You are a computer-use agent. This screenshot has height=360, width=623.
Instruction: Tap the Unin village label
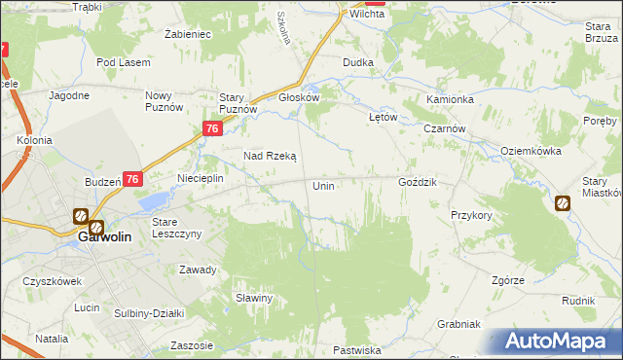323,185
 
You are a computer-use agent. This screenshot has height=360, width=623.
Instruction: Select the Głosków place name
299,97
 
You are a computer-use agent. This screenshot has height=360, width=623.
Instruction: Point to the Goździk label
419,183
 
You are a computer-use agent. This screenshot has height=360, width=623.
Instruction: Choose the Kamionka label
450,100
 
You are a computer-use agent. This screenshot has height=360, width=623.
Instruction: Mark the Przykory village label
471,215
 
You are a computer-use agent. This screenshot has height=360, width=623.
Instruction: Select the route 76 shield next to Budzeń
133,179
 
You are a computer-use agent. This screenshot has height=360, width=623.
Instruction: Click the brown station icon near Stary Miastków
563,203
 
